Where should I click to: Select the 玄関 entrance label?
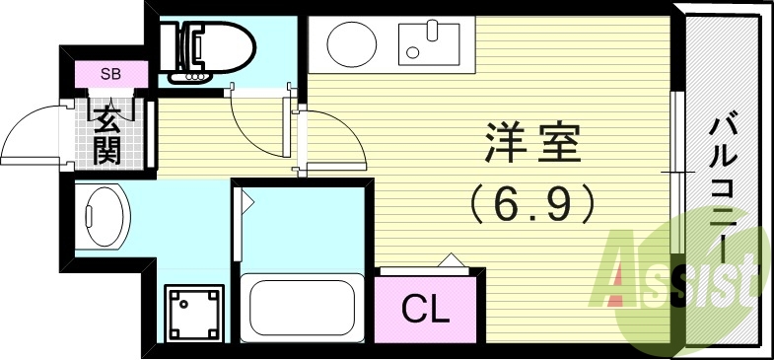point(107,135)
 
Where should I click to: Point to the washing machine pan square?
point(193,311)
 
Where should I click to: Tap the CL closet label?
point(426,309)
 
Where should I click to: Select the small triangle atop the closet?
point(453,260)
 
